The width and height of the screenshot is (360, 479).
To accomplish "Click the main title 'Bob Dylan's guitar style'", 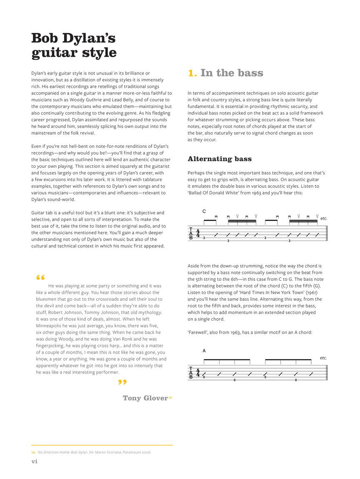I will (74, 45).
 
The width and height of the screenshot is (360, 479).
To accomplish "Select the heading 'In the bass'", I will (232, 73).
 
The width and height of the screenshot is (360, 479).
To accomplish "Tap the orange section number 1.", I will (192, 73).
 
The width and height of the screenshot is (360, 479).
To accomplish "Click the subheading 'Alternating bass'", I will (220, 159).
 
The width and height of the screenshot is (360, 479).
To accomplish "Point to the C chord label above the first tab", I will (204, 212).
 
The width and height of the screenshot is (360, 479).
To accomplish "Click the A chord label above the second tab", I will (204, 351).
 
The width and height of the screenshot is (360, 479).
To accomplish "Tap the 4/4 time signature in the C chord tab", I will (198, 233).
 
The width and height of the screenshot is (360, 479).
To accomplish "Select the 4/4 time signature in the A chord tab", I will (198, 372).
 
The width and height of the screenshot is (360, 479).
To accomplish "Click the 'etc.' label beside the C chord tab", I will (324, 218).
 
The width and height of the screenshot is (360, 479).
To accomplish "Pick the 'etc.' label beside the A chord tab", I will (323, 358).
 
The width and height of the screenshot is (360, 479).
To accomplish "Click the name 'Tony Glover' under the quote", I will (145, 398).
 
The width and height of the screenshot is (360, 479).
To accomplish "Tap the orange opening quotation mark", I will (40, 278).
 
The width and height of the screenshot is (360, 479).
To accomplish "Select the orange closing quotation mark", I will (122, 382).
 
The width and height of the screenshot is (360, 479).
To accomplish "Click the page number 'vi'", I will (35, 461).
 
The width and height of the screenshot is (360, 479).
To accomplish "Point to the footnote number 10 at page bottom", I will (33, 452).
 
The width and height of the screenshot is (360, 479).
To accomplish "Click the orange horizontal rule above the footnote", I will (102, 445).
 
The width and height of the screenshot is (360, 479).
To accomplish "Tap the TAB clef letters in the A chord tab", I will (191, 373).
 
